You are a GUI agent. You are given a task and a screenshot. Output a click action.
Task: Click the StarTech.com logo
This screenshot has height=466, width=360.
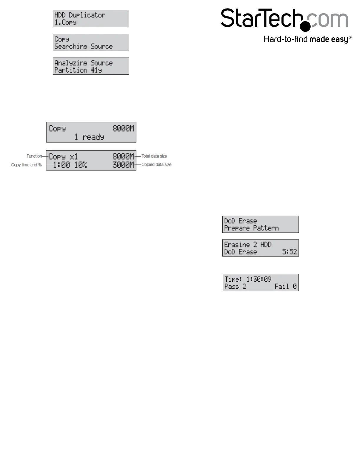click(284, 19)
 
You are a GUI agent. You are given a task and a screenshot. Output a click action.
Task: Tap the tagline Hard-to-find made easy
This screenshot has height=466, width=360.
click(307, 39)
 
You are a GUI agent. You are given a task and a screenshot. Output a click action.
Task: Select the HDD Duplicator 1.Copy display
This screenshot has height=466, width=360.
click(91, 19)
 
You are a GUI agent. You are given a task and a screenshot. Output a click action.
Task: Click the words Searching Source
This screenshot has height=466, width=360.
click(84, 46)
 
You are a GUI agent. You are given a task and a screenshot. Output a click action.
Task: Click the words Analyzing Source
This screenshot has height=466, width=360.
click(84, 63)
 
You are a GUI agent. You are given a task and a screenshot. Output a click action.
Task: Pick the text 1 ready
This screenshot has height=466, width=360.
click(89, 137)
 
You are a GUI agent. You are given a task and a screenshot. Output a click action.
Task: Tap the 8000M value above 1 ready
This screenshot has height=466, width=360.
click(123, 129)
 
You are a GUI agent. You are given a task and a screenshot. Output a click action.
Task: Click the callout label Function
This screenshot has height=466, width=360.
click(34, 156)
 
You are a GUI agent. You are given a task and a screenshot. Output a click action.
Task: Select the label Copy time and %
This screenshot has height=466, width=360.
click(26, 165)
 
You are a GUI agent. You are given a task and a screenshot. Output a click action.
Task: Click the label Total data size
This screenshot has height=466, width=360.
click(154, 156)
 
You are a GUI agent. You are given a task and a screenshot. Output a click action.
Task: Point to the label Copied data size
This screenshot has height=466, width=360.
click(156, 164)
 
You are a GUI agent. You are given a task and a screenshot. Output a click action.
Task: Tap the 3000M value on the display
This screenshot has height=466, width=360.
click(123, 165)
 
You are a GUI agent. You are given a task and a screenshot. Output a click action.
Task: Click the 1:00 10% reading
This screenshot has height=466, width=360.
click(70, 165)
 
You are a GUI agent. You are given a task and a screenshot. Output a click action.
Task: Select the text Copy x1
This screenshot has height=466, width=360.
click(63, 157)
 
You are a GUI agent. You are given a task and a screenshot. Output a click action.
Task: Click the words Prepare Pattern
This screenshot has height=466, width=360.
click(251, 228)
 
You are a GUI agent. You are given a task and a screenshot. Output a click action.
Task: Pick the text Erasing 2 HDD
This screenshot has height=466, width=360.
click(248, 245)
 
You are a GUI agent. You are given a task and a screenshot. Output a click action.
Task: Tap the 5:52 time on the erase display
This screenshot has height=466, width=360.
click(289, 252)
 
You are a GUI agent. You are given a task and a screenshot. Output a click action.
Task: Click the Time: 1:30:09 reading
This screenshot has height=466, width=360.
click(248, 279)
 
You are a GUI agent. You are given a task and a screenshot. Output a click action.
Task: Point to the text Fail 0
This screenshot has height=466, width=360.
click(286, 287)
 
